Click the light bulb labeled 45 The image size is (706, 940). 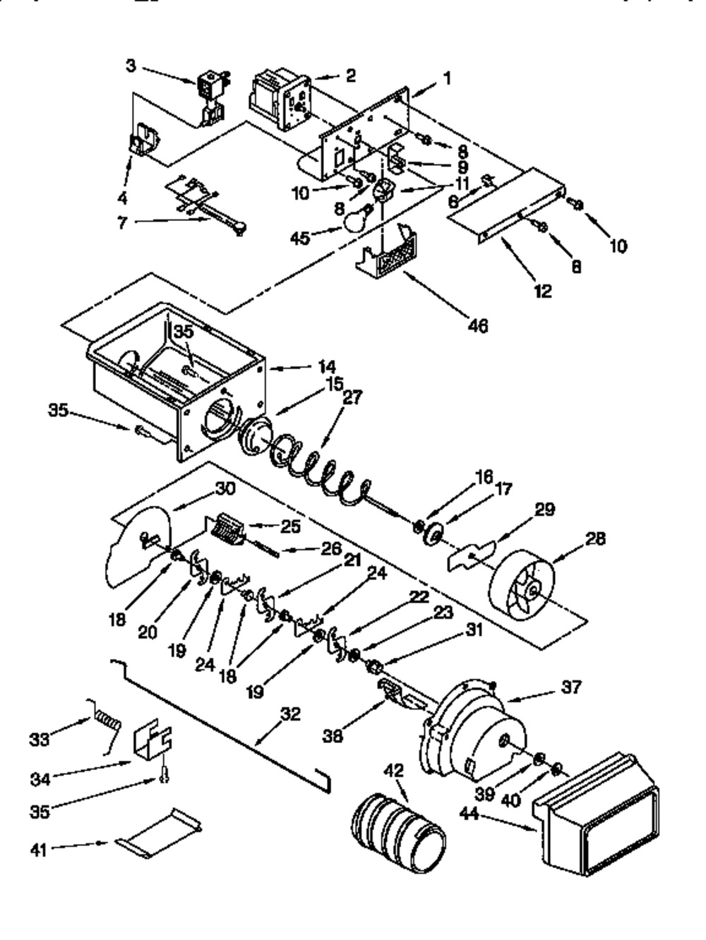[357, 219]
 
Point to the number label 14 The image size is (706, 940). [327, 366]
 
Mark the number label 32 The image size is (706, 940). [290, 714]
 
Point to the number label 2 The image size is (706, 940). [350, 74]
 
